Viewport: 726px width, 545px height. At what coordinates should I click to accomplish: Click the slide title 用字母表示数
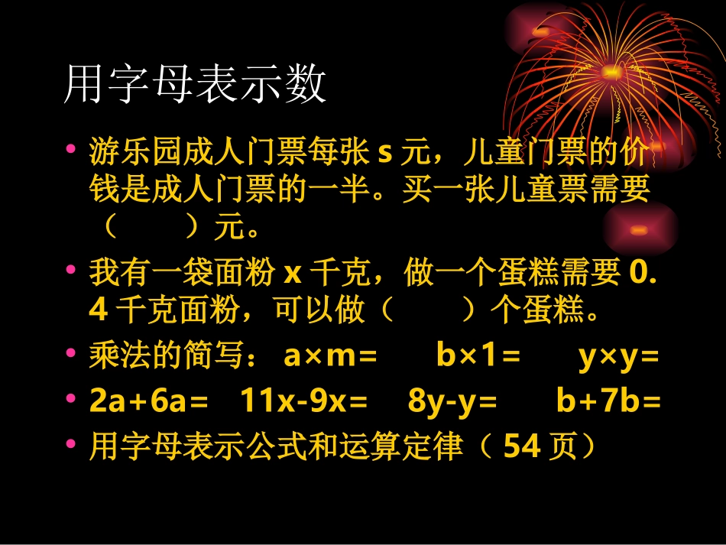(196, 85)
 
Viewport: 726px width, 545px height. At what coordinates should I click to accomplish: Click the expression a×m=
(330, 357)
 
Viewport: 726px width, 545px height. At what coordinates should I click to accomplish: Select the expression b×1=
(478, 357)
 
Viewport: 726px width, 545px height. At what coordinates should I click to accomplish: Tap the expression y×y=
(618, 357)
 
